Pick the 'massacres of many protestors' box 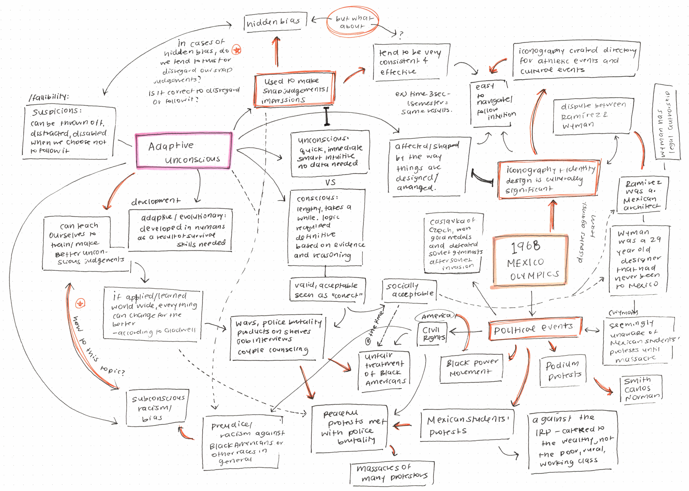tap(392, 473)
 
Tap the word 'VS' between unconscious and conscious tap(330, 182)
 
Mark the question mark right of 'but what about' tap(401, 35)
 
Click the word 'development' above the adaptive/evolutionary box tap(155, 201)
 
